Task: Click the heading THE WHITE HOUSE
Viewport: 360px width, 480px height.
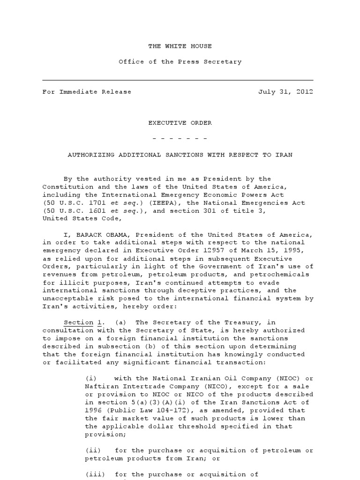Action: coord(180,46)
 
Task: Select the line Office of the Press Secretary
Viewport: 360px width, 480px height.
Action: coord(180,61)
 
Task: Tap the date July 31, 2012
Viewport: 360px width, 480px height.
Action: coord(285,92)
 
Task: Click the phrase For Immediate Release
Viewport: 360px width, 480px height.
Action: coord(87,92)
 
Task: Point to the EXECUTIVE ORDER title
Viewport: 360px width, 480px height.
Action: coord(180,123)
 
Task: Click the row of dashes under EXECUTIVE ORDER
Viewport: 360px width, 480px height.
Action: coord(180,139)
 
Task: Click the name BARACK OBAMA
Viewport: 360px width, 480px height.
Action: coord(105,234)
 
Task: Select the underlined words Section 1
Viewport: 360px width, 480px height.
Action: coord(83,322)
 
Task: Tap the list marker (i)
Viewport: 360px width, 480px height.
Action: coord(90,378)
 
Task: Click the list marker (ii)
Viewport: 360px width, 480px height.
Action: coord(92,450)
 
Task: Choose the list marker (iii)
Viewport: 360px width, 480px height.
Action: coord(94,474)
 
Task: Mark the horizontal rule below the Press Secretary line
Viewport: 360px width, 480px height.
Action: coord(178,81)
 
